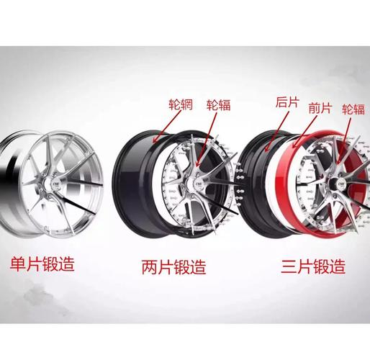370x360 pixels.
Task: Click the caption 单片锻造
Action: [42, 264]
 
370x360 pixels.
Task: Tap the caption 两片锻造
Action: [173, 266]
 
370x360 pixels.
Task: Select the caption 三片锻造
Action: [313, 266]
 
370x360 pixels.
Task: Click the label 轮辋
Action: [181, 104]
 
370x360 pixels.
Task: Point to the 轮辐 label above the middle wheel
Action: [218, 105]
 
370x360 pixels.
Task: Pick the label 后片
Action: [287, 102]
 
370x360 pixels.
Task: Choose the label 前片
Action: [320, 108]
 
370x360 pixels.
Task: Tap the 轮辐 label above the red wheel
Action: [353, 109]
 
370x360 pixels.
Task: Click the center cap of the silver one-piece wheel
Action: [55, 184]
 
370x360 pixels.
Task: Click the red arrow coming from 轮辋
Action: [166, 126]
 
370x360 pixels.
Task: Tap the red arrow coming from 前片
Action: [304, 131]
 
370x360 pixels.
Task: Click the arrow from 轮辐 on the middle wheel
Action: [206, 139]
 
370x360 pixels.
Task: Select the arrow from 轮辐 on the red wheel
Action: [343, 141]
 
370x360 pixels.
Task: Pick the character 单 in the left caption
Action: [18, 264]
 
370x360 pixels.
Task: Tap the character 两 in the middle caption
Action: [150, 266]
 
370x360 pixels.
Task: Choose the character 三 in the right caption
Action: [289, 266]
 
